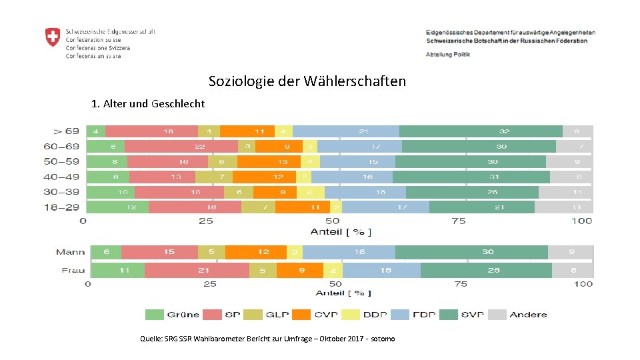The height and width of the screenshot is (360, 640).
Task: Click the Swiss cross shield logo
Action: (x=53, y=37)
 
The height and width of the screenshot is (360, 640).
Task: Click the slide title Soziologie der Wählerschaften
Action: (x=307, y=81)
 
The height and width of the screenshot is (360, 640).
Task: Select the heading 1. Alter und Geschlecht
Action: (x=148, y=104)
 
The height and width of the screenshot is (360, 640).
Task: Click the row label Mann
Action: (x=70, y=252)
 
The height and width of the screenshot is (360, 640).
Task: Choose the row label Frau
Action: (x=73, y=270)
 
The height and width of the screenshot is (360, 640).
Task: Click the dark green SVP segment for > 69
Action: (x=481, y=131)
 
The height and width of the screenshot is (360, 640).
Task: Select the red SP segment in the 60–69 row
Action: (x=181, y=146)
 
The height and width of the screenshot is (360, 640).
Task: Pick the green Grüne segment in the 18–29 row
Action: (x=118, y=207)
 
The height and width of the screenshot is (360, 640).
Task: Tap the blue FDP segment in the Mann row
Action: (x=349, y=252)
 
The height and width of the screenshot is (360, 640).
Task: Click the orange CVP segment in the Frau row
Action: (x=300, y=270)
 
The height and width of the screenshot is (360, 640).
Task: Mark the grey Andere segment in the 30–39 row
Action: (x=565, y=192)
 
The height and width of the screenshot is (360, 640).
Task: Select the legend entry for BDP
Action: (x=364, y=315)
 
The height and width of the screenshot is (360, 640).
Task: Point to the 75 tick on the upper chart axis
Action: (x=459, y=221)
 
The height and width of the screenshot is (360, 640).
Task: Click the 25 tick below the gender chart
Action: (x=209, y=284)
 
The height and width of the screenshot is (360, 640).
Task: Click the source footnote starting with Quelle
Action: (x=267, y=339)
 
